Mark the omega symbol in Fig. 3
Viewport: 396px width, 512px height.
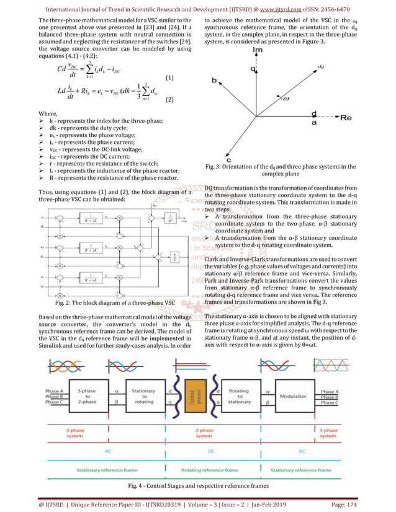click(x=284, y=97)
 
